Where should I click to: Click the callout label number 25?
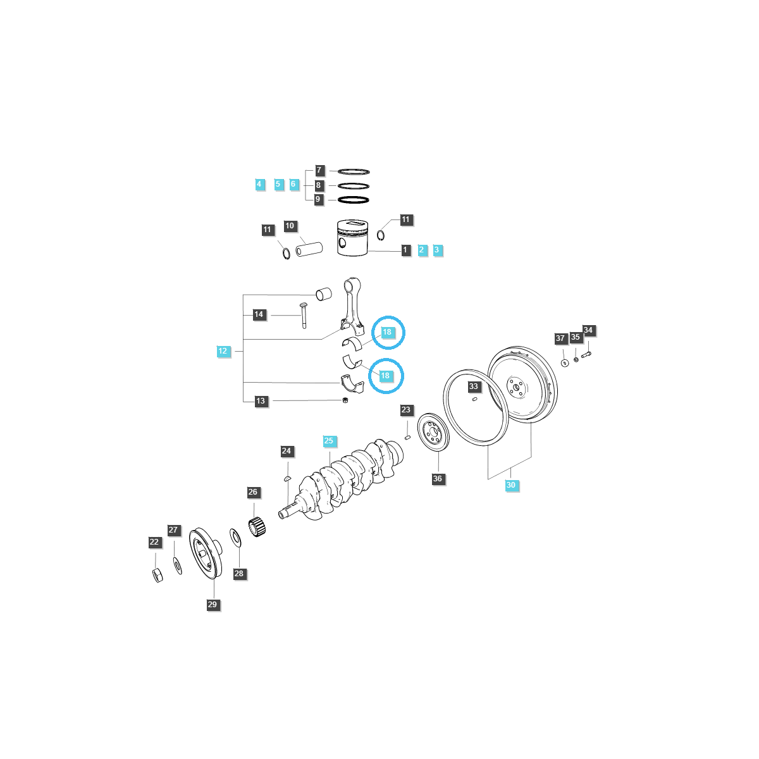pos(328,441)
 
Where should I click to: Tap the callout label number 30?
pos(511,485)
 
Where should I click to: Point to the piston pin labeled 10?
pos(310,245)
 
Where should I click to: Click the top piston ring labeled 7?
pos(354,171)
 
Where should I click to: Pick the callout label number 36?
pos(438,479)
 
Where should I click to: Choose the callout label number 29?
pos(213,604)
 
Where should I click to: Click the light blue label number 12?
pos(223,351)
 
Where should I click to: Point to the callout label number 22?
pos(154,542)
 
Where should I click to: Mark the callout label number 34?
pos(588,330)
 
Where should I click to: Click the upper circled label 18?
pos(387,332)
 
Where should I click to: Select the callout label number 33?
pos(474,386)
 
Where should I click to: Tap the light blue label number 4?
pos(259,184)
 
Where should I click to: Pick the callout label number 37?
pos(560,338)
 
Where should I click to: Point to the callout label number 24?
pos(287,451)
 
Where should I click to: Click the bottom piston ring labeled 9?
pos(354,200)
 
